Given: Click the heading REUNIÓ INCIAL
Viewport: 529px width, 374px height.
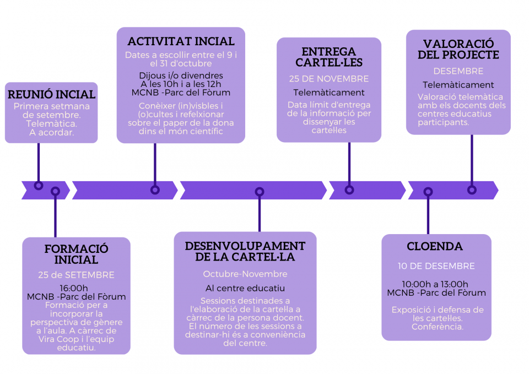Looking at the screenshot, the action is (x=52, y=94).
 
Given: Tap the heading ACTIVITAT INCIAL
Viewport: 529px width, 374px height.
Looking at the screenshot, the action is (x=181, y=41).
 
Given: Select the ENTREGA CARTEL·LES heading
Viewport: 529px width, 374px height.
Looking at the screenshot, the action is (x=329, y=57).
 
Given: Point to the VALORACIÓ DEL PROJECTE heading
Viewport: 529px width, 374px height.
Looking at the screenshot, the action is (x=458, y=49).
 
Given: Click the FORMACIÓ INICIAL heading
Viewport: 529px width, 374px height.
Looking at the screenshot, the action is (x=76, y=254).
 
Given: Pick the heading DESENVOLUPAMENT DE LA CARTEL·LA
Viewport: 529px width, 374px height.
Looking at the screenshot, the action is (x=245, y=252).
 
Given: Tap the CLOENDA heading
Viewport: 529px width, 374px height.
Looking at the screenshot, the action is (x=435, y=247).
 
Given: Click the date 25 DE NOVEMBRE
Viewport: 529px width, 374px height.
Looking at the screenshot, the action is (x=329, y=79).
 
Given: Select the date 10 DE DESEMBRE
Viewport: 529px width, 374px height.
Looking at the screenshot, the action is (x=436, y=266).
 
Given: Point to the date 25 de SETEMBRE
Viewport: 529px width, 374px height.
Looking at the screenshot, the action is (x=76, y=275).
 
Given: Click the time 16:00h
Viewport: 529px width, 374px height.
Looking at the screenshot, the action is (x=73, y=288).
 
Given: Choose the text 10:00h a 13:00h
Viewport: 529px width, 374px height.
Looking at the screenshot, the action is (x=435, y=284).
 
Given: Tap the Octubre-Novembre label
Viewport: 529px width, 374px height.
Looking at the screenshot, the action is (x=245, y=274).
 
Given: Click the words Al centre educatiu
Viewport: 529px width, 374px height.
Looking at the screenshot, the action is (x=245, y=288).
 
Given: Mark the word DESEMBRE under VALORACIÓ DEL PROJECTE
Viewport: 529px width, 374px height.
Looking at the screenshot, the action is (x=458, y=71).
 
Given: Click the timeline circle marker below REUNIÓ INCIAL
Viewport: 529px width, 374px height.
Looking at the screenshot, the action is (x=39, y=186).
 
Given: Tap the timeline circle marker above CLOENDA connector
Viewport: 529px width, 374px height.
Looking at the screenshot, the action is (x=428, y=192).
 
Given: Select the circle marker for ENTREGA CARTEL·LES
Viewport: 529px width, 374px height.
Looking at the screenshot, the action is (x=349, y=190).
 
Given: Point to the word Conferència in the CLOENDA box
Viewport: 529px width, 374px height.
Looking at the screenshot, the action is (x=437, y=327).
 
